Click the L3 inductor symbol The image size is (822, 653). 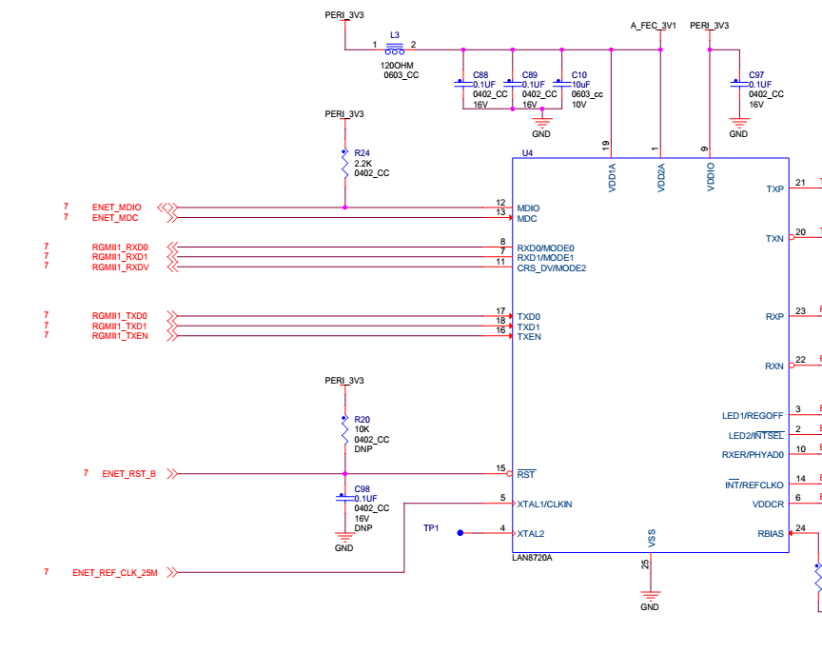(395, 49)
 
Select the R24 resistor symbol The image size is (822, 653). (345, 163)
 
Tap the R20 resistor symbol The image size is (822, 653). (345, 430)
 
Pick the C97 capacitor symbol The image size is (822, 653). (739, 84)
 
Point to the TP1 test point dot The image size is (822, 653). (460, 533)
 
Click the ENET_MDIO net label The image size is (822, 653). (116, 208)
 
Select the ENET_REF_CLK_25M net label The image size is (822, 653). (115, 573)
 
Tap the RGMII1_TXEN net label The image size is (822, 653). (120, 336)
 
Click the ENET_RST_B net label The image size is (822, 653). (129, 474)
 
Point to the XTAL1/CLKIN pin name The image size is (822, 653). (545, 505)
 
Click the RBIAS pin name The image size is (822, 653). (771, 533)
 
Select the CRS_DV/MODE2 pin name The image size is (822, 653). (552, 268)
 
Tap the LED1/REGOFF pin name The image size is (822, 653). (753, 415)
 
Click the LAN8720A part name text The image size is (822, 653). (532, 558)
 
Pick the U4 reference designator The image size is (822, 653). (527, 153)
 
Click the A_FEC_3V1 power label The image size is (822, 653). (654, 25)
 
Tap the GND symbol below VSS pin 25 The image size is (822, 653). (650, 596)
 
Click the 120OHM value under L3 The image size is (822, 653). (397, 66)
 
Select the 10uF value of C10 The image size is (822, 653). (581, 85)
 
